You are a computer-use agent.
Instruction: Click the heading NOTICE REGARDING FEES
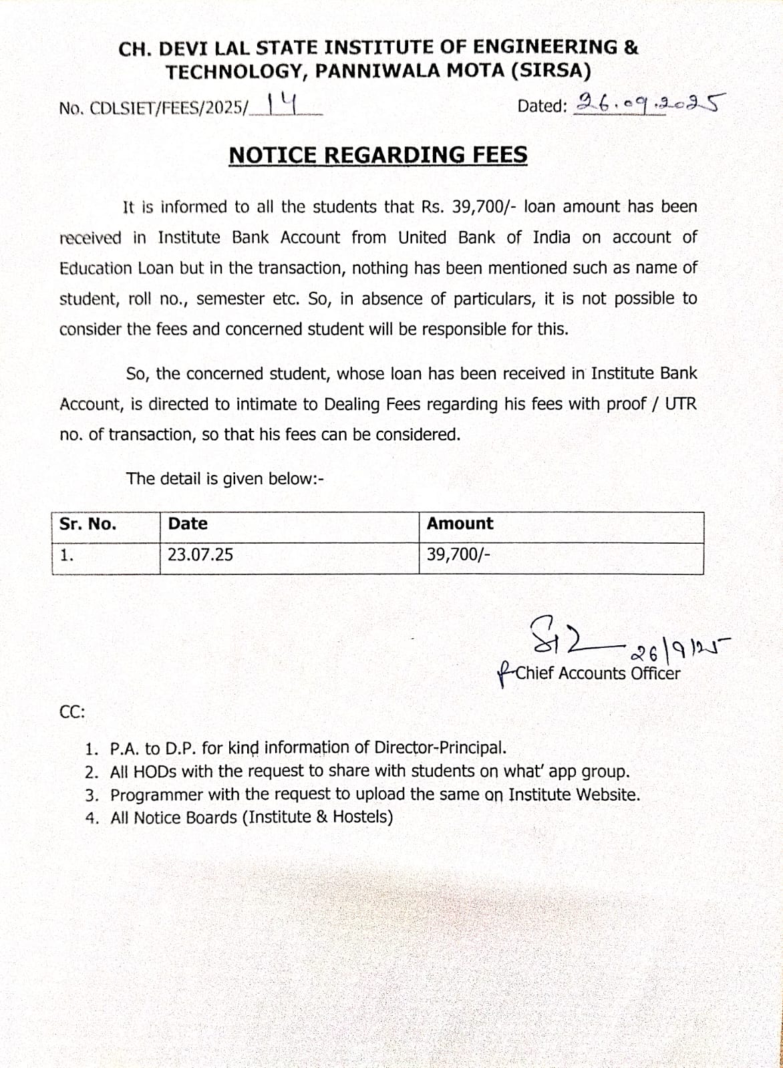coord(377,155)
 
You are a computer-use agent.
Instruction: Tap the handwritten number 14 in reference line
coord(282,104)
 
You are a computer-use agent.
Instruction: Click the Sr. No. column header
coord(88,524)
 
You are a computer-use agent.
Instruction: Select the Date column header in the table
coord(188,524)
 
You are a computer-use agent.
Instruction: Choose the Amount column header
coord(460,524)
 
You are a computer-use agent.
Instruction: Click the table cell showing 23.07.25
coord(200,554)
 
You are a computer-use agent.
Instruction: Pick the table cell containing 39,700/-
coord(458,554)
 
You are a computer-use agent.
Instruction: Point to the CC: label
coord(72,712)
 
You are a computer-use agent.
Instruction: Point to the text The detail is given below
coord(224,479)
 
